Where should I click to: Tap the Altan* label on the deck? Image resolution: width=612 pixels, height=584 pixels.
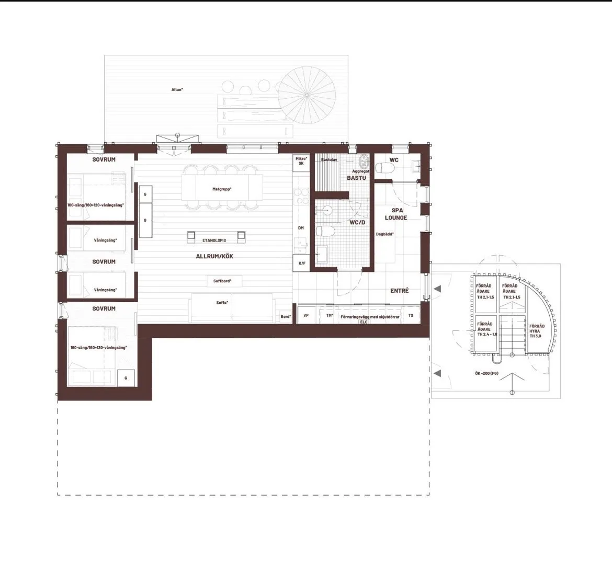coord(177,89)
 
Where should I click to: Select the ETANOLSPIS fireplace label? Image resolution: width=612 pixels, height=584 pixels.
coord(214,241)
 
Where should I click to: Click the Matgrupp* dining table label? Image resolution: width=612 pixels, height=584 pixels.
coord(222,189)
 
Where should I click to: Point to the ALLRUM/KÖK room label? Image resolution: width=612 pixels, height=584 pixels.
coord(214,257)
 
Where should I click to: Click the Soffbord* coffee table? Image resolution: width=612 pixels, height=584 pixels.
coord(222,281)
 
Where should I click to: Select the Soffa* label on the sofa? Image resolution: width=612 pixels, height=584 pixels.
coord(222,303)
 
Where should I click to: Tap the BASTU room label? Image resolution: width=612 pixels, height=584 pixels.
coord(357,178)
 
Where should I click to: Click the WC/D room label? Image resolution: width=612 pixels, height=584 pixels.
coord(357,223)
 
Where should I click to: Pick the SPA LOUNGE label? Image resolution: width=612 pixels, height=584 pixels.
coord(396,214)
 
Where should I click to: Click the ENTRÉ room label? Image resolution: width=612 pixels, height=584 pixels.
coord(399,291)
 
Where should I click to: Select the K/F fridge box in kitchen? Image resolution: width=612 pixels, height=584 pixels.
coord(302,263)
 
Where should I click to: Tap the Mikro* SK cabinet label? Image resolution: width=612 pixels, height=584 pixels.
coord(301,161)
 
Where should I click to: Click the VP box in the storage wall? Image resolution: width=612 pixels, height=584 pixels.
coord(306,316)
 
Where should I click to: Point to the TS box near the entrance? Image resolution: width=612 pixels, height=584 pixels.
coord(411,316)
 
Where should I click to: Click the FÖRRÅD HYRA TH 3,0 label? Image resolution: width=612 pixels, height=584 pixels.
coord(537,331)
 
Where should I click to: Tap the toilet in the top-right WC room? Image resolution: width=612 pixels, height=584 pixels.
coord(387,168)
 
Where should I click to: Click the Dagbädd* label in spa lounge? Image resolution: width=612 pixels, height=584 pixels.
coord(384,234)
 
